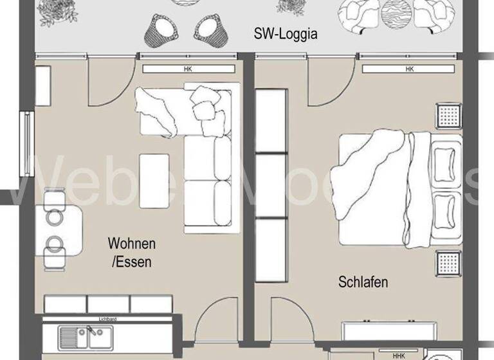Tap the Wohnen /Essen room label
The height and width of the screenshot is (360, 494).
[131, 253]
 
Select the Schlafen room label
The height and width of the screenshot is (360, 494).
[363, 282]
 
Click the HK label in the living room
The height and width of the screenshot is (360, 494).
[188, 69]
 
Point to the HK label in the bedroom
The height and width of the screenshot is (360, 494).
[409, 69]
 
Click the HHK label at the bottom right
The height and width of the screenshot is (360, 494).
[399, 355]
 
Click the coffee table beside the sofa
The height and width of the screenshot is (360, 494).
[154, 180]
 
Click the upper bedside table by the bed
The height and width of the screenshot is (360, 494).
[448, 116]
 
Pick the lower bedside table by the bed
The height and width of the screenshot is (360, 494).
[448, 262]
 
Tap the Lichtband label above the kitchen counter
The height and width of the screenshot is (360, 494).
[107, 318]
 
